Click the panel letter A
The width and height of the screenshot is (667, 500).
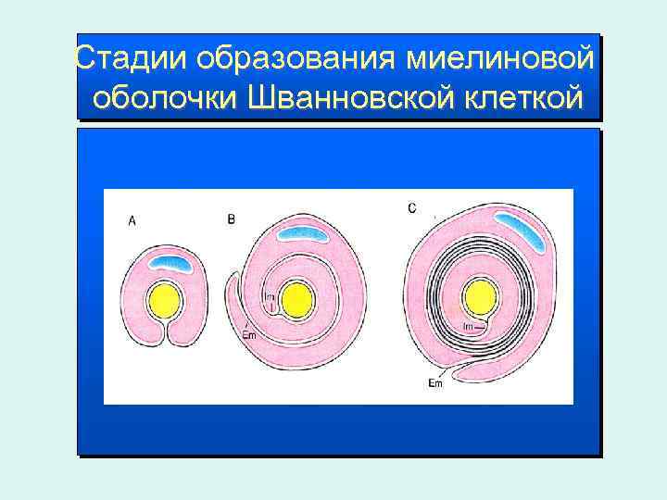(132, 220)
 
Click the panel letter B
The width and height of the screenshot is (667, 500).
(232, 219)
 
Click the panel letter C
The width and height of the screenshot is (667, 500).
(411, 208)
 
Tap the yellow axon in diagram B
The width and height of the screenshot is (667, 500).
(297, 300)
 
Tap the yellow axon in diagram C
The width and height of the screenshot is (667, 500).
(480, 298)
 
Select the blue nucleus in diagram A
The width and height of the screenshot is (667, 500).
(171, 264)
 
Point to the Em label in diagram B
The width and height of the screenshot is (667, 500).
(248, 335)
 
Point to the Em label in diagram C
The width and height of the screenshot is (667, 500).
(435, 383)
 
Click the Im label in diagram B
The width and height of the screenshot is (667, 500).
(270, 296)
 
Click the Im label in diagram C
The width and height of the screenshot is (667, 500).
(469, 327)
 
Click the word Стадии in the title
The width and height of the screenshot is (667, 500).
(131, 59)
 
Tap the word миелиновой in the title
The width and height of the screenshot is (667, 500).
(499, 59)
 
